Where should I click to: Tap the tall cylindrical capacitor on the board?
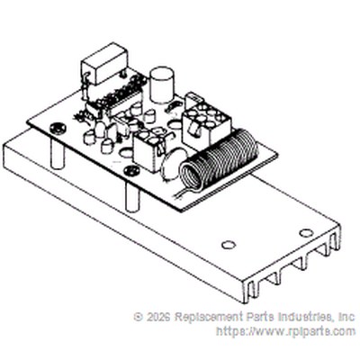coord(162,85)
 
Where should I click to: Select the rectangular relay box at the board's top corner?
coord(103,65)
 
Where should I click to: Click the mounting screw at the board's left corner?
coord(58,129)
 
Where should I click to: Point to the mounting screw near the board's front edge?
coord(132,171)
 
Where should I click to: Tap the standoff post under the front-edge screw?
coord(132,197)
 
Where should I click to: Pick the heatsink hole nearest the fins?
coord(306,233)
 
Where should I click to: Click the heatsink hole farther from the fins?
coord(229,245)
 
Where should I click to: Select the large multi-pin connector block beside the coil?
coord(206,121)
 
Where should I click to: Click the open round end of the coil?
coord(192,177)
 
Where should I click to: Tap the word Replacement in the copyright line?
coord(209,317)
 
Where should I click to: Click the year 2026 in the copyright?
coord(157,317)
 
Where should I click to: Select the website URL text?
coord(285,331)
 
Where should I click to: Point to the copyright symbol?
coord(139,317)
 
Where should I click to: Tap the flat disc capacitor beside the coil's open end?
coord(170,165)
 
